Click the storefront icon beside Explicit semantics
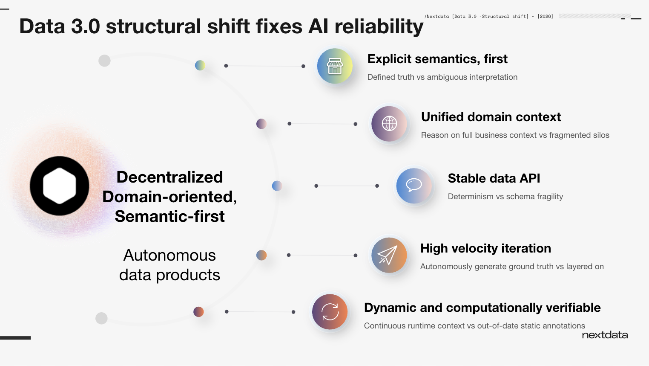click(x=335, y=66)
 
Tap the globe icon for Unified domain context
click(x=389, y=124)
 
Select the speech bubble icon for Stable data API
click(x=414, y=185)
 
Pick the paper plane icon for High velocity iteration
click(x=388, y=255)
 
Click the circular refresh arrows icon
click(x=330, y=312)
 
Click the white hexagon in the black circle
click(x=60, y=186)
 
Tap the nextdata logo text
click(x=605, y=335)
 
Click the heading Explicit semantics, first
click(x=437, y=59)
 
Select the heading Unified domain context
click(x=491, y=117)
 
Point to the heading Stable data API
click(x=494, y=178)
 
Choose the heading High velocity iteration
click(x=485, y=248)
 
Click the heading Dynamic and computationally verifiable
click(x=482, y=308)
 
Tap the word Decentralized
click(x=169, y=177)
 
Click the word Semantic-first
click(x=169, y=216)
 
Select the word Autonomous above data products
click(x=169, y=255)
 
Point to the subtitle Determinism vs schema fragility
click(x=505, y=197)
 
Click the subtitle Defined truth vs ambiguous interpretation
click(x=442, y=77)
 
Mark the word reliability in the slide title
click(x=379, y=26)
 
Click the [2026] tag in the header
click(x=545, y=16)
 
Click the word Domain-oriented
click(x=169, y=197)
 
